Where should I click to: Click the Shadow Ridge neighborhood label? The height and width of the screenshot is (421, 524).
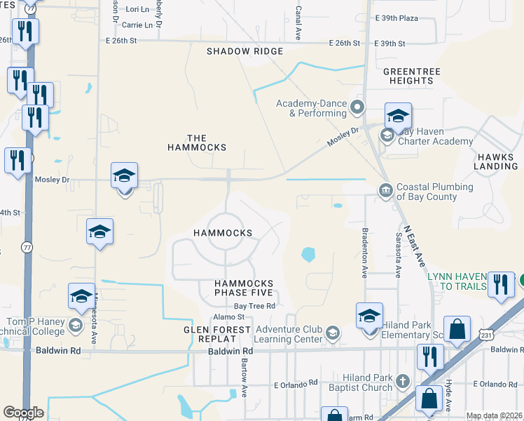(x=244, y=51)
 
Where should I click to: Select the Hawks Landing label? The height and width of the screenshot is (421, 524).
(x=495, y=161)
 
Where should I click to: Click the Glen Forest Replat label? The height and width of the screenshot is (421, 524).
(x=217, y=334)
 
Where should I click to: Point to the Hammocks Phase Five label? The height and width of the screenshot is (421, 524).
(x=243, y=288)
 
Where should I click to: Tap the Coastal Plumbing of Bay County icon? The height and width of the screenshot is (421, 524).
(x=385, y=191)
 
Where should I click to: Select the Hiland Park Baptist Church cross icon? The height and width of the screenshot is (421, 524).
(x=402, y=381)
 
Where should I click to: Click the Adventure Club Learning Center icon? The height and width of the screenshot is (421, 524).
(x=332, y=333)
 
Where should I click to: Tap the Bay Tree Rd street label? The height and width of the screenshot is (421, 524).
(x=254, y=306)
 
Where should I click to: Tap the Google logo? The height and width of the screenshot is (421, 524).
(x=23, y=413)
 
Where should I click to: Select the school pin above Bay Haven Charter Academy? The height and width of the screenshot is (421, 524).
(x=397, y=116)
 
